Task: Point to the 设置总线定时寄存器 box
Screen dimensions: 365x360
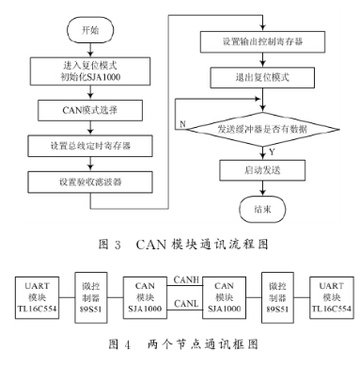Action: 86,146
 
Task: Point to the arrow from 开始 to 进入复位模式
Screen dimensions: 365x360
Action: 86,51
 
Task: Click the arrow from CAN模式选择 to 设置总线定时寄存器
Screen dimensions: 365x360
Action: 86,130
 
